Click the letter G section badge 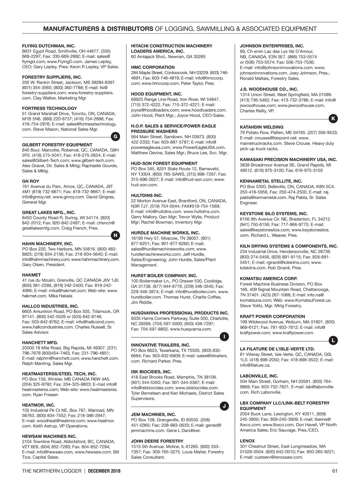click(116, 137)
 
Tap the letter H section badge click(116, 236)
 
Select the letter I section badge click(224, 337)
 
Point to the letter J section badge click(224, 406)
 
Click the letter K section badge click(333, 119)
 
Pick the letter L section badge click(333, 340)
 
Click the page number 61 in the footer click(335, 471)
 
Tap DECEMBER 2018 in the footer click(104, 471)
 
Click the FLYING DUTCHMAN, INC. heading click(49, 46)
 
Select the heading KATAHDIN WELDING click(262, 127)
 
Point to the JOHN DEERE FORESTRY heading click(157, 441)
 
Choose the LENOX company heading click(247, 441)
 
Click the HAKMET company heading click(31, 275)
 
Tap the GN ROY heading click(31, 181)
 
